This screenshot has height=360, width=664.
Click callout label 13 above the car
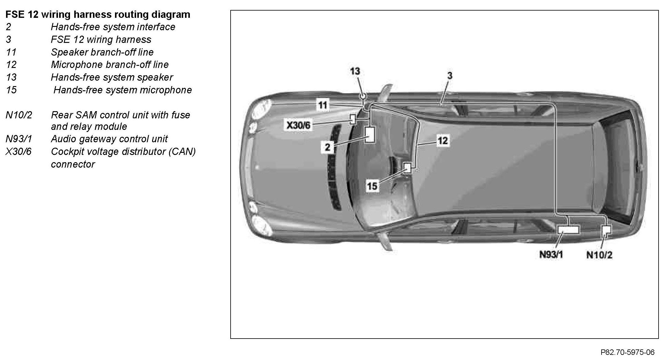pos(355,71)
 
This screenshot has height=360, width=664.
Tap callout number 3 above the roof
pos(450,76)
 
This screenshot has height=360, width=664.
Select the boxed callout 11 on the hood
pos(323,105)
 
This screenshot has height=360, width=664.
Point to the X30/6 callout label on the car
pos(298,125)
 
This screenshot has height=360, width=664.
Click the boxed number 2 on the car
pos(327,147)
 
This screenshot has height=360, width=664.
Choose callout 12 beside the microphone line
pos(442,141)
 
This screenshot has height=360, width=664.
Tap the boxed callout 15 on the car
pos(372,186)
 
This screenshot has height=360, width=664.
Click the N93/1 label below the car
pos(551,255)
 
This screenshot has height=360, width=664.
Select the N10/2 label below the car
pos(599,255)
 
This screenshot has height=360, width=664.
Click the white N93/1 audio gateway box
pos(568,230)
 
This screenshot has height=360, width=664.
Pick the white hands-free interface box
pos(370,135)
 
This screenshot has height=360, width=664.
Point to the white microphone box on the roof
pos(407,167)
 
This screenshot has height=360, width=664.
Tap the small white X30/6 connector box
pos(352,119)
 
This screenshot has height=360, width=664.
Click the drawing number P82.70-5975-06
pos(627,352)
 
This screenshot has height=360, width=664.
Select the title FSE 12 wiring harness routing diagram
pos(98,14)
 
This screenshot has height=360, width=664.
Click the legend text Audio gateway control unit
pos(109,139)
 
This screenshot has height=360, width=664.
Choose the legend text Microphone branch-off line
pos(110,65)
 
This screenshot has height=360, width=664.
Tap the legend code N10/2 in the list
pos(19,115)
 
